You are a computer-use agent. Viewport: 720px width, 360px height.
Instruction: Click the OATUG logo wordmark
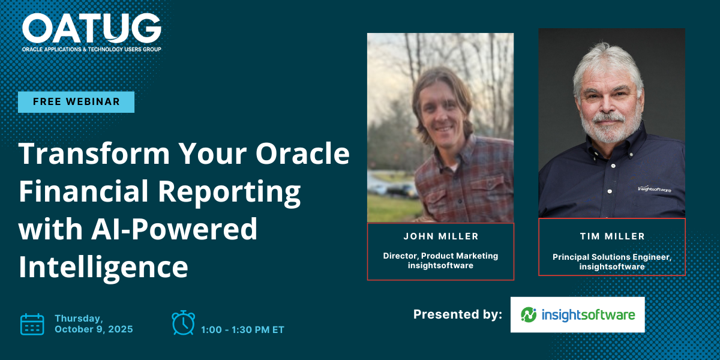coord(92,28)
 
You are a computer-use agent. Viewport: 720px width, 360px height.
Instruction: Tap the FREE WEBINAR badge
coord(76,102)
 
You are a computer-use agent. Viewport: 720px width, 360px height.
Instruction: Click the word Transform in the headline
coord(94,154)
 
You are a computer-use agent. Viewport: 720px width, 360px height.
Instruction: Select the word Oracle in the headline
coord(302,154)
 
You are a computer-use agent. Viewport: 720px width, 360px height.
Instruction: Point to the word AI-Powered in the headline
coord(175,229)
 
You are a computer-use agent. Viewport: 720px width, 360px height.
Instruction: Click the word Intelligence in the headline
coord(103,267)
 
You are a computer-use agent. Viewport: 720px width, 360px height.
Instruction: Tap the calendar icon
coord(32,325)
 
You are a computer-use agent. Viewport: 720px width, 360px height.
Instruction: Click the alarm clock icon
coord(183,323)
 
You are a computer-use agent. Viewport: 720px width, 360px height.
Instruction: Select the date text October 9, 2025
coord(94,329)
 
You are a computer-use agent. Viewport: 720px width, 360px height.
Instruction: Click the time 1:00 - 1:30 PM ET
coord(242,330)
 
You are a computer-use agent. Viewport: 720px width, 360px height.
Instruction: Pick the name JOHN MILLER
coord(441,236)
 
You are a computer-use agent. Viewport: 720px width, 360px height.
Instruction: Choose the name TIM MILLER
coord(613,236)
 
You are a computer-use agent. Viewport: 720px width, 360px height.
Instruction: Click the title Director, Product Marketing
coord(440,256)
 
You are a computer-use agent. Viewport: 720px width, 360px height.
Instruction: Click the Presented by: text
coord(457,314)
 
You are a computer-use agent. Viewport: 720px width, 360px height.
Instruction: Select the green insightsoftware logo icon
coord(529,314)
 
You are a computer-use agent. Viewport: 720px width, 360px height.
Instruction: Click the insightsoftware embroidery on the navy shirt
coord(655,189)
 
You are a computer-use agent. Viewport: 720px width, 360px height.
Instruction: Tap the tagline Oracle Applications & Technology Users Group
coord(92,49)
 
